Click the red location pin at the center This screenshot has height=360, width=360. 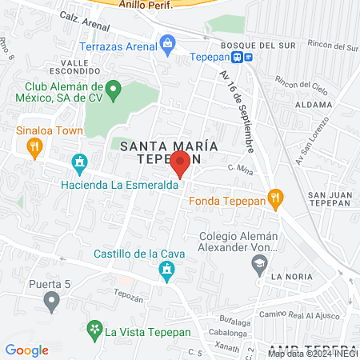(x=180, y=164)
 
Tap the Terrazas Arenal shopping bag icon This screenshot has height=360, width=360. (x=167, y=42)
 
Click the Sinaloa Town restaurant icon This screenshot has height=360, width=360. (x=34, y=146)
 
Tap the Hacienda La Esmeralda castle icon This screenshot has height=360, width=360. (x=79, y=165)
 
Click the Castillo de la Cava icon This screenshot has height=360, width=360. (x=166, y=273)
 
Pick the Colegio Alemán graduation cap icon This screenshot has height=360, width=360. (x=258, y=269)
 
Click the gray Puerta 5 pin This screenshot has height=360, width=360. (x=52, y=302)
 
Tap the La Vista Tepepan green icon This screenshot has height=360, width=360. (x=95, y=330)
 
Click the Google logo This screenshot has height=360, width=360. (x=27, y=350)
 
